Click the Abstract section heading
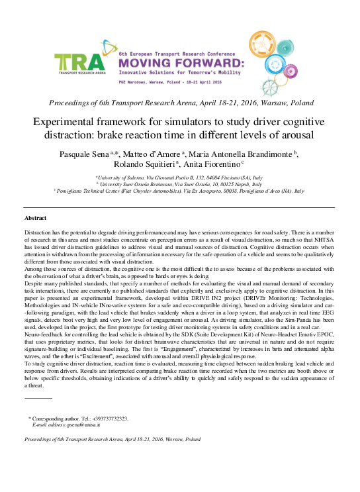click(x=36, y=218)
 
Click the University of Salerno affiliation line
click(x=179, y=178)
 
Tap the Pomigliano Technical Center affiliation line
click(x=179, y=190)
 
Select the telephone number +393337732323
click(x=105, y=418)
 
